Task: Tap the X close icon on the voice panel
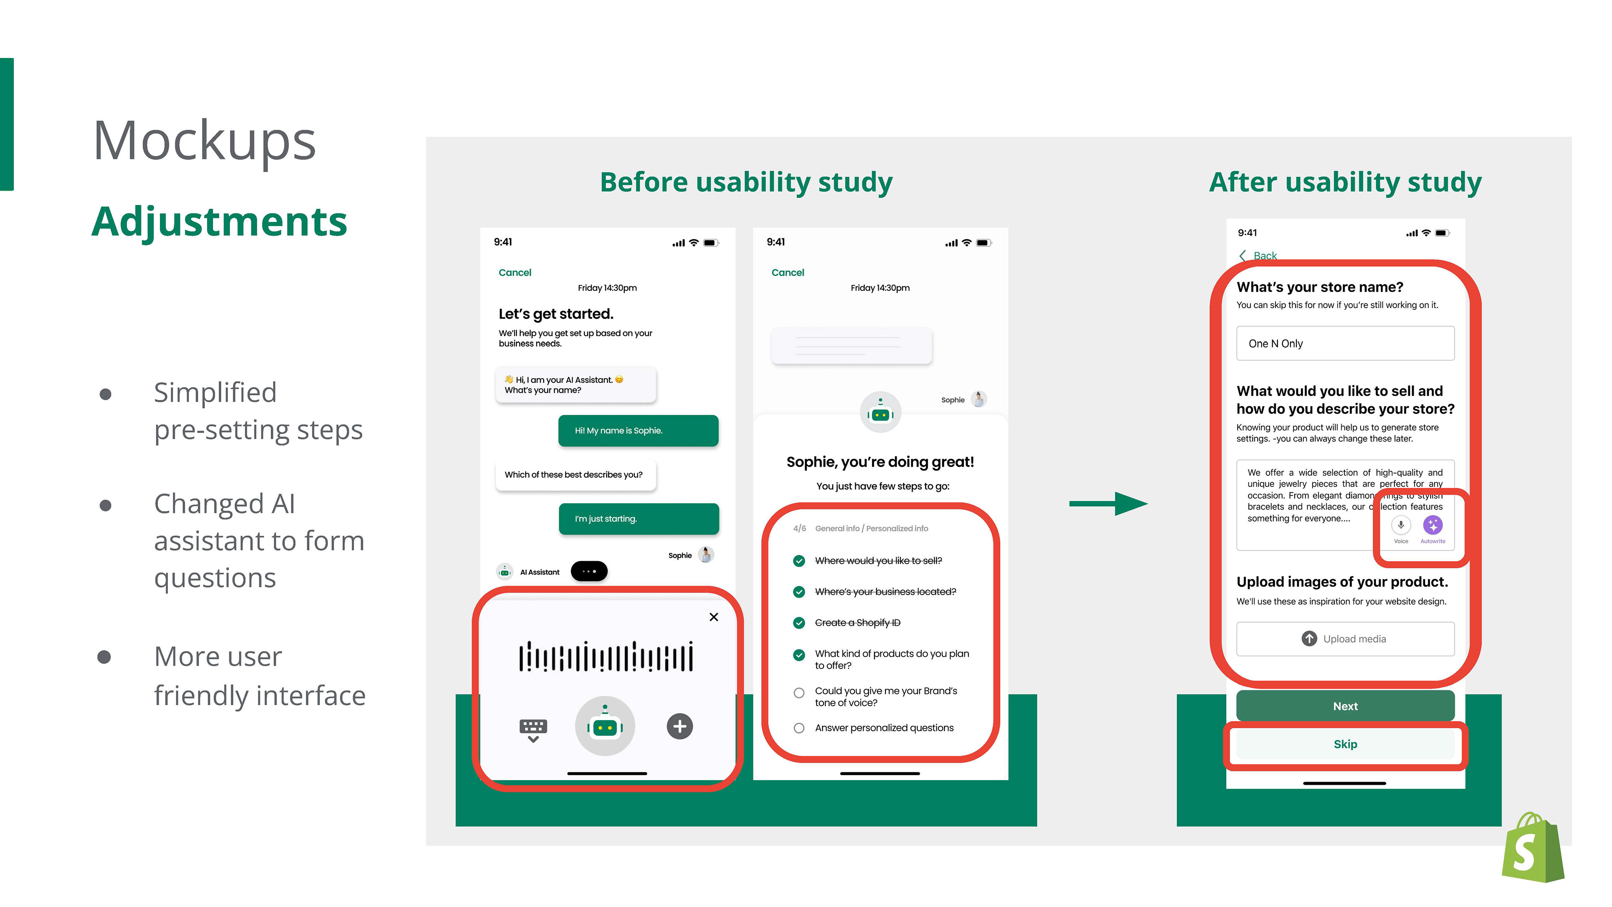[713, 617]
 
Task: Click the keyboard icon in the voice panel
[533, 728]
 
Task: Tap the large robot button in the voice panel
[604, 726]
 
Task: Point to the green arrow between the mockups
[1108, 504]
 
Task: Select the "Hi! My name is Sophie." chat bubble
[638, 430]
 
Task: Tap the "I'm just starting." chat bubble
[638, 518]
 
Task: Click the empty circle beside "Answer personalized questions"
[798, 728]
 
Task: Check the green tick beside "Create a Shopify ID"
[798, 622]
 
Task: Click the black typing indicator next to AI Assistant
[589, 571]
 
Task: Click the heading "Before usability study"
[746, 182]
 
